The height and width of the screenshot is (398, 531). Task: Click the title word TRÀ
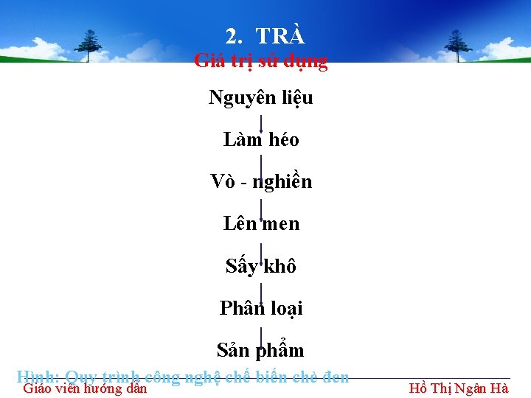coord(280,36)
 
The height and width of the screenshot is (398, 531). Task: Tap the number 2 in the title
coord(232,37)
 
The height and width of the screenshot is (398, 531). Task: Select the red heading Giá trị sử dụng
coord(261,61)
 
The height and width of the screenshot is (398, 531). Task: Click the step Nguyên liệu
coord(261,97)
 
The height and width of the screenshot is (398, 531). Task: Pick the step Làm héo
coord(261,139)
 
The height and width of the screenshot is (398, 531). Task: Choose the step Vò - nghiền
coord(261,181)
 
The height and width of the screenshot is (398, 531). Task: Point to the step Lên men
coord(261,223)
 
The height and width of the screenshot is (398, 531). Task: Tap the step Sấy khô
coord(261,266)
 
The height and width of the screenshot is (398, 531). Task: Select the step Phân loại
coord(261,308)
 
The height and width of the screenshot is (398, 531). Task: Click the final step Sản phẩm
coord(261,349)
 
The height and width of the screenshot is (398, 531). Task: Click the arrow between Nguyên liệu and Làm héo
coord(261,119)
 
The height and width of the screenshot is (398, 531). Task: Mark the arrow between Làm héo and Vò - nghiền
coord(261,161)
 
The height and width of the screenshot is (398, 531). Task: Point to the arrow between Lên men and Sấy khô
coord(261,245)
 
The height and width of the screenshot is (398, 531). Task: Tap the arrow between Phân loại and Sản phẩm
coord(261,329)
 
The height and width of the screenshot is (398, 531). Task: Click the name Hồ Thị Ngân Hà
coord(458,388)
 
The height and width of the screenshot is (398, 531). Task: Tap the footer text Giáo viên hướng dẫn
coord(86,388)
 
